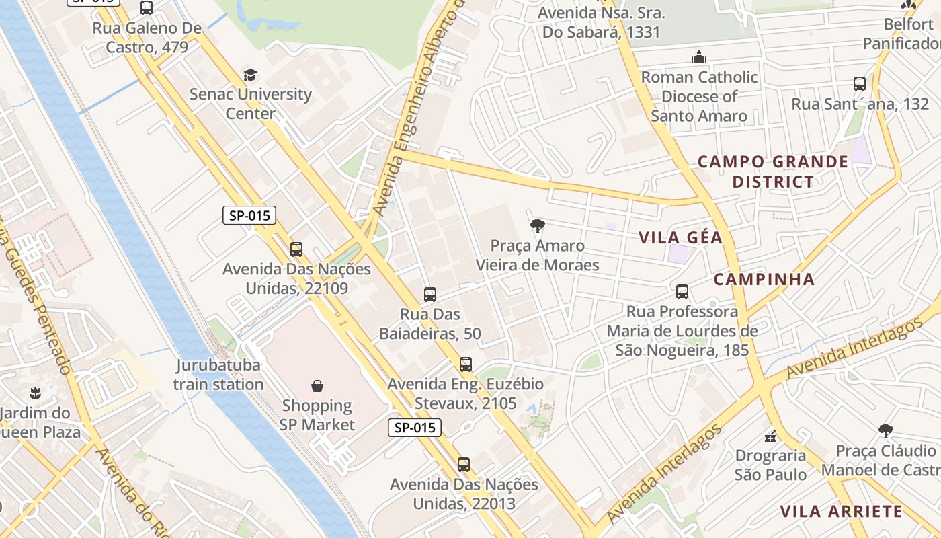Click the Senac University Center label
tap(250, 104)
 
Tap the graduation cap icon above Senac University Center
tap(250, 75)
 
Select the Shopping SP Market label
tap(317, 415)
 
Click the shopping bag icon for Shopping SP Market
tap(317, 386)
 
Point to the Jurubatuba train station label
tap(218, 375)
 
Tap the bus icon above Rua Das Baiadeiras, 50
tap(430, 294)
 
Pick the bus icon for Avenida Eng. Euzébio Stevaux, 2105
tap(465, 364)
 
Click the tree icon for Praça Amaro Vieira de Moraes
tap(537, 226)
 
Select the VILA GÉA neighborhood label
tap(680, 237)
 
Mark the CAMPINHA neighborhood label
tap(764, 279)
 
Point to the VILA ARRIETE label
tap(840, 511)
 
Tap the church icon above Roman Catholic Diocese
tap(699, 57)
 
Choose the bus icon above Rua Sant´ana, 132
tap(860, 84)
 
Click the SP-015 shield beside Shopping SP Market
tap(414, 427)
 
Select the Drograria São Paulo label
tap(770, 465)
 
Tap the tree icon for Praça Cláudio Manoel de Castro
tap(886, 430)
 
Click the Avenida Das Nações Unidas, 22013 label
tap(464, 494)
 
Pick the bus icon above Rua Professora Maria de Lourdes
tap(682, 292)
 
